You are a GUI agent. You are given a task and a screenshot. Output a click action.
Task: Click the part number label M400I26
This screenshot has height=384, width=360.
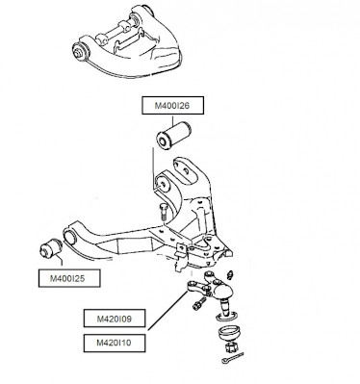point(172,105)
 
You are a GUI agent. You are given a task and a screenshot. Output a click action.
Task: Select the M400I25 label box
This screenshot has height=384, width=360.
point(69,278)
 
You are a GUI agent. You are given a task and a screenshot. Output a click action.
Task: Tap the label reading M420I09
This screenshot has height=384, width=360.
point(115,319)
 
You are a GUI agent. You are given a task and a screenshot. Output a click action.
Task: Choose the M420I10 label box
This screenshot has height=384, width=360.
point(115,343)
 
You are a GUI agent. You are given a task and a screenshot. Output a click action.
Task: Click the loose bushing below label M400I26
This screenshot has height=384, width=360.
point(173,135)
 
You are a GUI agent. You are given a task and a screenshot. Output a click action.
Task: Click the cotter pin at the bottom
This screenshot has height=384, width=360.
point(232,358)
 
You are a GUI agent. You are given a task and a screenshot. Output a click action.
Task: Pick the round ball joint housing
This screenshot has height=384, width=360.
point(221,290)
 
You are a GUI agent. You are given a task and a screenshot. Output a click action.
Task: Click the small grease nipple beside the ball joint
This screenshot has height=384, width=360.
point(230,274)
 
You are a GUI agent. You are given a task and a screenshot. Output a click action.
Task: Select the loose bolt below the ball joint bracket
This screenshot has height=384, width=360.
point(199,303)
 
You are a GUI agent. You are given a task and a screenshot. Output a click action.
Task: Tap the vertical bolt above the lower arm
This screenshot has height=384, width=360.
point(163,211)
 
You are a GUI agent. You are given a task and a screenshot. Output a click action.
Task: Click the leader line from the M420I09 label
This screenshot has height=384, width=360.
point(167,310)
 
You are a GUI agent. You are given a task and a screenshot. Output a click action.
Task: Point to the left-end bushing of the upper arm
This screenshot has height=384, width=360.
point(81,51)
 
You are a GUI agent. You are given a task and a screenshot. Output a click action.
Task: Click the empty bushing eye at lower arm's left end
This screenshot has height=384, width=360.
point(70,237)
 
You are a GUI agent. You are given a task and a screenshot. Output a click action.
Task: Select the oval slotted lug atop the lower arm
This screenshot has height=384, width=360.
point(184,170)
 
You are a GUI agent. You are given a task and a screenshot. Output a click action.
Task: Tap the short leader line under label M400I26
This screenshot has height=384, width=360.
point(172,119)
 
